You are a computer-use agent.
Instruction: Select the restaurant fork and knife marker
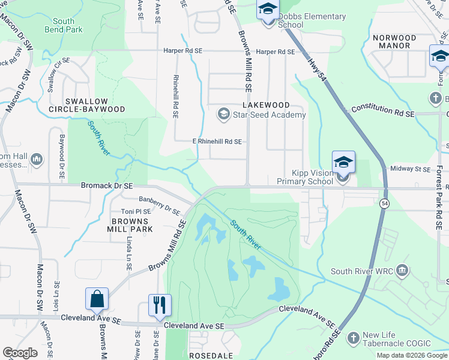click(160, 305)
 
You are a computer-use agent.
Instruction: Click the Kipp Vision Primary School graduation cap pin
click(343, 163)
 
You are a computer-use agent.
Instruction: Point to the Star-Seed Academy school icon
click(224, 114)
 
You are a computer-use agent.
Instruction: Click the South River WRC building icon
click(402, 271)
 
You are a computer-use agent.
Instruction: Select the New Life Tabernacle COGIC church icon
click(352, 338)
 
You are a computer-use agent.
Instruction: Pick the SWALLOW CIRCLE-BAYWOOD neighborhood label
click(86, 106)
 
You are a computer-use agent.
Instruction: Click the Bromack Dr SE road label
click(107, 187)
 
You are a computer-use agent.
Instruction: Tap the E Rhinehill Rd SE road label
click(217, 142)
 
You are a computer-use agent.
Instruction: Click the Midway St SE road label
click(411, 169)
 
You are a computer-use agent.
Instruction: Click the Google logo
click(20, 353)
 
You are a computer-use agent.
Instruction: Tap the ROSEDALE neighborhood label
click(211, 355)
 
